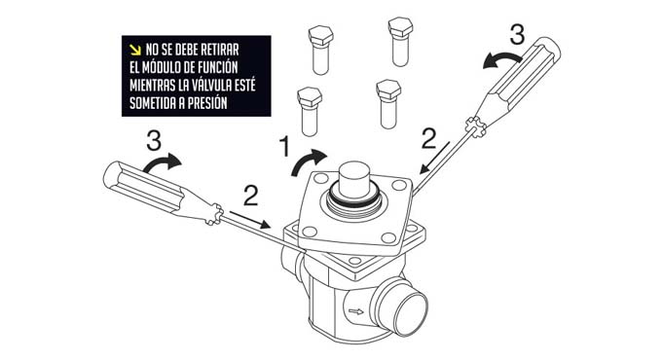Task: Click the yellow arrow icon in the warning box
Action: point(135,50)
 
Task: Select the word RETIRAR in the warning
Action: point(220,50)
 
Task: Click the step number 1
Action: point(285,147)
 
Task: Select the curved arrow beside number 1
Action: point(309,162)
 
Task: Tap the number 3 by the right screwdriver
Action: point(517,35)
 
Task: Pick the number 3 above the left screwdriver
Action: point(154,140)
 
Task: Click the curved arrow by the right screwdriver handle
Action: point(501,59)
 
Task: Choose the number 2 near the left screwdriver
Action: point(251,196)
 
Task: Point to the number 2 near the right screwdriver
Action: point(429,139)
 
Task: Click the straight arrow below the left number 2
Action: point(249,220)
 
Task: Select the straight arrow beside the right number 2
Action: point(434,158)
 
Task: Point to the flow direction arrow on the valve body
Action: point(356,312)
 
